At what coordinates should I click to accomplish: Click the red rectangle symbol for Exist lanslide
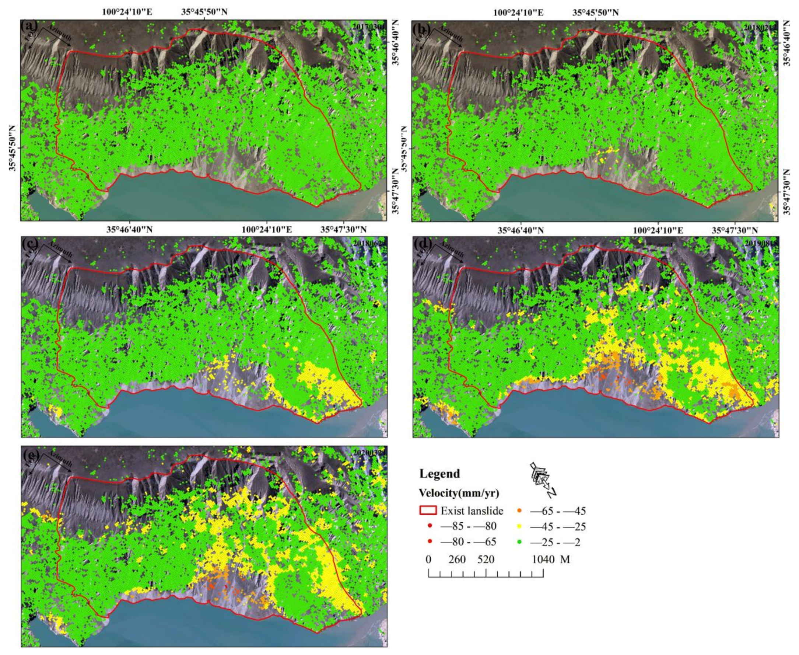pyautogui.click(x=428, y=511)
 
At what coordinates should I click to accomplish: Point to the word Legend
pyautogui.click(x=440, y=473)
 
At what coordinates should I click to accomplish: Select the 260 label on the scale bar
pyautogui.click(x=457, y=559)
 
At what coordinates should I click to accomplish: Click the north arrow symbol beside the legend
pyautogui.click(x=542, y=479)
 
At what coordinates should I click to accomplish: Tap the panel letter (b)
pyautogui.click(x=421, y=27)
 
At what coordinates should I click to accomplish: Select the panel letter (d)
pyautogui.click(x=421, y=244)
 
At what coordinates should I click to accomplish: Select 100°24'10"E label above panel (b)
pyautogui.click(x=518, y=13)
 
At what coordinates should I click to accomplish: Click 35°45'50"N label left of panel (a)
pyautogui.click(x=13, y=149)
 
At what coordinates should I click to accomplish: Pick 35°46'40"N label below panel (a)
pyautogui.click(x=129, y=229)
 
